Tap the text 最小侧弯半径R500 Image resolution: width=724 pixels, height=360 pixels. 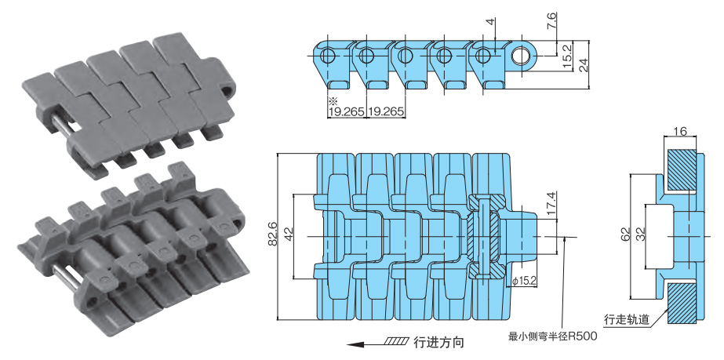click(553, 336)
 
